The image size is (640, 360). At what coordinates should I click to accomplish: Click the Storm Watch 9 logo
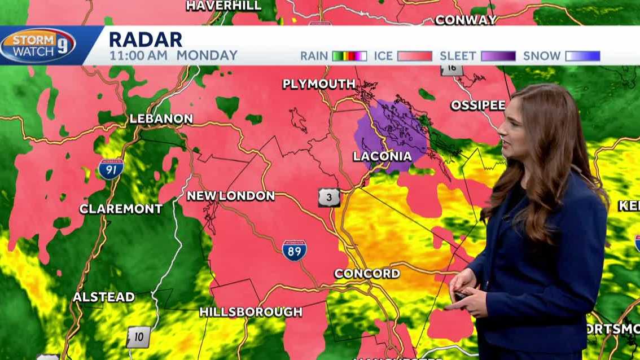[38, 45]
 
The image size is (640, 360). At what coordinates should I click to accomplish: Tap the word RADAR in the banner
[146, 39]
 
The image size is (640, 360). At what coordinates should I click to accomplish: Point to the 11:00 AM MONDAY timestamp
[173, 56]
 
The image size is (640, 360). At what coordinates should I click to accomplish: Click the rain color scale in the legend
[349, 56]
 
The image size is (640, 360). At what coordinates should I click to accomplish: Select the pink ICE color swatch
[414, 56]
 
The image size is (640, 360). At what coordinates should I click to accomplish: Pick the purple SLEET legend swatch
[498, 56]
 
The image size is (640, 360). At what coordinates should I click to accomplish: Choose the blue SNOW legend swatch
[583, 56]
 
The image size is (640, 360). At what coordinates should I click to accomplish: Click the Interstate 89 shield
[295, 250]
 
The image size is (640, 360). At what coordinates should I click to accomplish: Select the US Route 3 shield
[328, 197]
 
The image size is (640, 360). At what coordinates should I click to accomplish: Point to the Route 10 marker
[138, 337]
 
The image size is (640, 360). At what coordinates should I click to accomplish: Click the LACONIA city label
[382, 156]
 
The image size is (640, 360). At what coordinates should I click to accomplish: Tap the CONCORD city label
[367, 274]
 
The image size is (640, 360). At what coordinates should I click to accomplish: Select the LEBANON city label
[161, 119]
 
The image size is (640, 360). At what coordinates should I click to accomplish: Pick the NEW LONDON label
[230, 196]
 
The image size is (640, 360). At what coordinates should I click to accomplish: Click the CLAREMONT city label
[121, 209]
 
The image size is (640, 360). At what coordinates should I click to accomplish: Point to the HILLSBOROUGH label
[251, 311]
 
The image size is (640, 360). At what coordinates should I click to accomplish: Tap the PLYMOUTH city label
[319, 84]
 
